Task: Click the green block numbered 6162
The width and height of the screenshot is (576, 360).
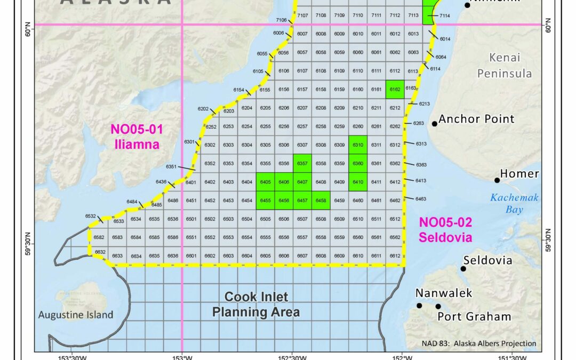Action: (395, 89)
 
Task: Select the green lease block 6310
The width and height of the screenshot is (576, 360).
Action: (358, 145)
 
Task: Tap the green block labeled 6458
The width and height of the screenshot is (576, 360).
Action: (321, 201)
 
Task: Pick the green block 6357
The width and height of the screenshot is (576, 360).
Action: (302, 163)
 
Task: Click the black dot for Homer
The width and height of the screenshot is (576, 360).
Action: (497, 180)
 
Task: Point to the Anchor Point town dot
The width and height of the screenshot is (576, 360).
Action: (435, 124)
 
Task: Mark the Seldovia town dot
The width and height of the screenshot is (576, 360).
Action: (463, 268)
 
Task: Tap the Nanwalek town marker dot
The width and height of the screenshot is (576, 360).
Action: (419, 306)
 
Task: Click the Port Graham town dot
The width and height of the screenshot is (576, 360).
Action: (438, 306)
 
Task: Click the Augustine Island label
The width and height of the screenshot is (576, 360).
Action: (76, 315)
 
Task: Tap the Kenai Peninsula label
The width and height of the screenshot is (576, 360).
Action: (505, 65)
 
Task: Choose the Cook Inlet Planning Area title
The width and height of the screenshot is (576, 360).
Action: (256, 304)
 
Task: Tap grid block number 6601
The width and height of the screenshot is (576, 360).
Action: (191, 256)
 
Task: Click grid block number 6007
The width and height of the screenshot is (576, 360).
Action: (302, 34)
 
